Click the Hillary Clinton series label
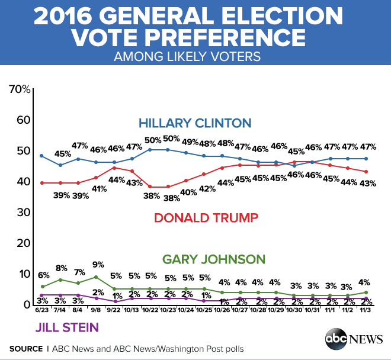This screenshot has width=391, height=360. tap(195, 124)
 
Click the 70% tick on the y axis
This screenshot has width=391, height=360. tap(20, 89)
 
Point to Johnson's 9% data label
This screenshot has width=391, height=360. tap(98, 265)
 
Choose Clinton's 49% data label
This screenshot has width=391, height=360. tap(190, 142)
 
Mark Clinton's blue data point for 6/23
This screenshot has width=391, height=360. tap(41, 156)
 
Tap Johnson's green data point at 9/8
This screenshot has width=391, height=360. tap(96, 277)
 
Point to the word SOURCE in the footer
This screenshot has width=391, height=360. tap(25, 348)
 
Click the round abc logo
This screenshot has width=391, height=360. tap(336, 339)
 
